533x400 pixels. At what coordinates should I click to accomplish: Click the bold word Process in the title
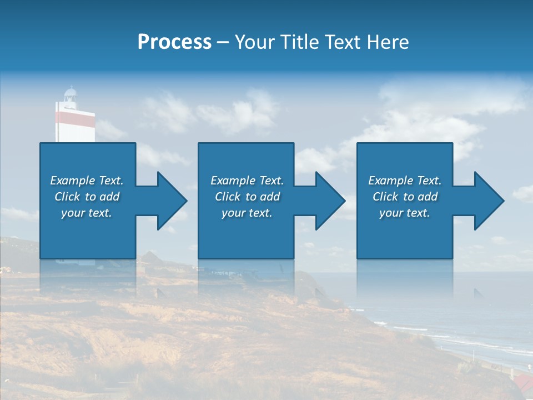[174, 42]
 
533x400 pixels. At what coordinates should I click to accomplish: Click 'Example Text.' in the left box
[87, 181]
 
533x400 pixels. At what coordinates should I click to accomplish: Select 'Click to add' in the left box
[87, 197]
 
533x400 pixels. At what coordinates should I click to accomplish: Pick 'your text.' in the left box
[87, 213]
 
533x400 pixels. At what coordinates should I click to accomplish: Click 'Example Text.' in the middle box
[247, 181]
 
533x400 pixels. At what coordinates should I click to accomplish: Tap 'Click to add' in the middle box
[247, 197]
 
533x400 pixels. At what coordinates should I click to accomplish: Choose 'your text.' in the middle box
[247, 213]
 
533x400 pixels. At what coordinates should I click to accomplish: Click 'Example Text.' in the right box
[405, 181]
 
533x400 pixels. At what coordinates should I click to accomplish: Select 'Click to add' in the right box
[405, 197]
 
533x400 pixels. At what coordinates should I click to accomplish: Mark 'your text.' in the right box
[405, 213]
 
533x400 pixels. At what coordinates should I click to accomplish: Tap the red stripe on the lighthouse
[75, 118]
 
